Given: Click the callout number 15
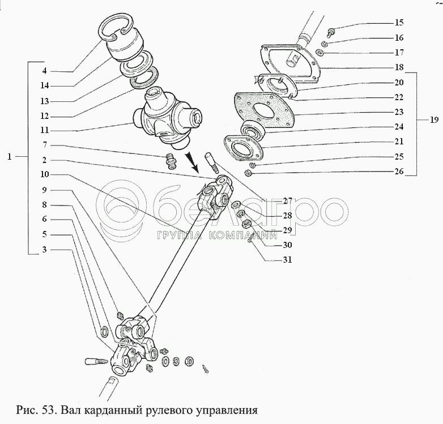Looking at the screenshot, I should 399,23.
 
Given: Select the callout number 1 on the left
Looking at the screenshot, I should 10,157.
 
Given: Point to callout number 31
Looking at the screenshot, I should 287,260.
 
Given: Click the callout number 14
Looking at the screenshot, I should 44,86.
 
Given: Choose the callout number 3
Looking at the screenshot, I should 44,249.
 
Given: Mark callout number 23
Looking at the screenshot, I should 399,112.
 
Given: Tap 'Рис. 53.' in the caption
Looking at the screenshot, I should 35,409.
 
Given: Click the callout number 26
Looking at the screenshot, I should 399,171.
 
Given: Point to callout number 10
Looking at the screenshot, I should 44,174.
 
